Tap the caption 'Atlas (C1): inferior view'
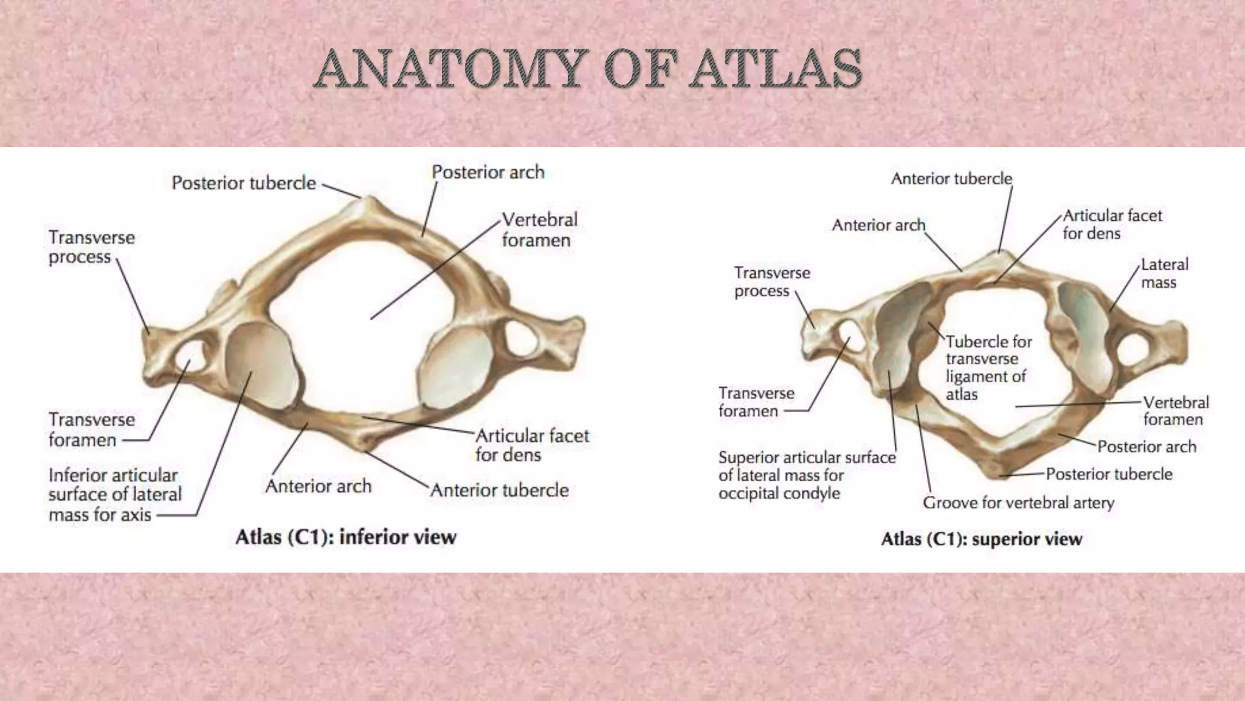point(345,537)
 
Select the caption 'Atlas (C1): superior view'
point(981,539)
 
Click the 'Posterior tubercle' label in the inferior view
point(244,183)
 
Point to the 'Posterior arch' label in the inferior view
point(488,172)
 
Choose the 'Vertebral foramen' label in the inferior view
point(539,229)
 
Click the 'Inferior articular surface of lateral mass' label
point(114,495)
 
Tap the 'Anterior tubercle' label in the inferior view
point(500,490)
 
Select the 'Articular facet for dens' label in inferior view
point(532,445)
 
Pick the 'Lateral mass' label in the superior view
point(1164,273)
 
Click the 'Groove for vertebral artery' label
point(1018,503)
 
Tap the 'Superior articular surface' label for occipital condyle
point(807,475)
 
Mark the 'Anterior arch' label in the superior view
point(878,225)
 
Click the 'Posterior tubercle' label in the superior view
point(1109,474)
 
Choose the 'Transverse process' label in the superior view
point(771,282)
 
